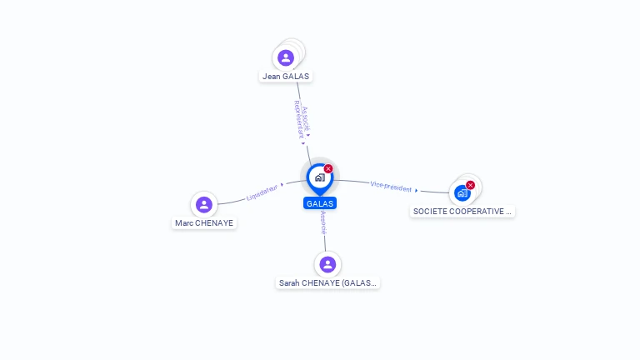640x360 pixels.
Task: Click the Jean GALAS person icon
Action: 286,57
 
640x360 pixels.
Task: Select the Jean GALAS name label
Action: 286,77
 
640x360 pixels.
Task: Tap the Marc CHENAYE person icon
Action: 204,204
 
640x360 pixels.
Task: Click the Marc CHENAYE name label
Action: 204,222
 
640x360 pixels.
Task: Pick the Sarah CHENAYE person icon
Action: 327,264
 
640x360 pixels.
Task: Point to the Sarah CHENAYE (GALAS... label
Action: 327,282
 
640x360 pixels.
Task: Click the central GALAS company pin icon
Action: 320,179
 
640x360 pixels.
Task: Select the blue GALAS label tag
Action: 320,203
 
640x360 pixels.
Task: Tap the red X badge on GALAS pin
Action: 328,168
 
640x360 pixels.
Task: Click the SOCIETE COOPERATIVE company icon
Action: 462,193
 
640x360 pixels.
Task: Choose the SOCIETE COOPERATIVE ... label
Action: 462,212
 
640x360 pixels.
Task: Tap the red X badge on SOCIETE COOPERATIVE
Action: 470,185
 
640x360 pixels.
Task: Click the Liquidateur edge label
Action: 262,192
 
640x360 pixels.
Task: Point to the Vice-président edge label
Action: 391,187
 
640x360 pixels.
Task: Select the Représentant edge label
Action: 299,120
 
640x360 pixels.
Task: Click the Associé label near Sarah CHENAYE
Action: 323,222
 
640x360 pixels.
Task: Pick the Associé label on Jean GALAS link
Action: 306,119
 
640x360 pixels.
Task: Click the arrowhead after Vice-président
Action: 417,190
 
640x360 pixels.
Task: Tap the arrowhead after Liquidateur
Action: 282,185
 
